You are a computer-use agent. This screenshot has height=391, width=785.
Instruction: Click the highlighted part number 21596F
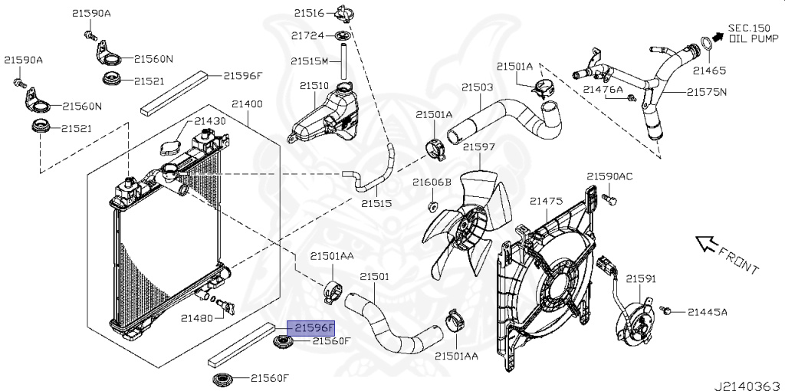point(310,327)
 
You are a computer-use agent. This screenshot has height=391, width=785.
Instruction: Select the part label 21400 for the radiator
point(246,103)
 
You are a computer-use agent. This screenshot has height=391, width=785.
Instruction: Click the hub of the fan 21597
point(467,227)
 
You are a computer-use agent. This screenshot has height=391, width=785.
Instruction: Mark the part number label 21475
point(547,200)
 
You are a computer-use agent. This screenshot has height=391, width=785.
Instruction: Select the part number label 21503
point(477,87)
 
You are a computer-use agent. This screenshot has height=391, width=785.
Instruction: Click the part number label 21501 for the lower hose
point(375,276)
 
